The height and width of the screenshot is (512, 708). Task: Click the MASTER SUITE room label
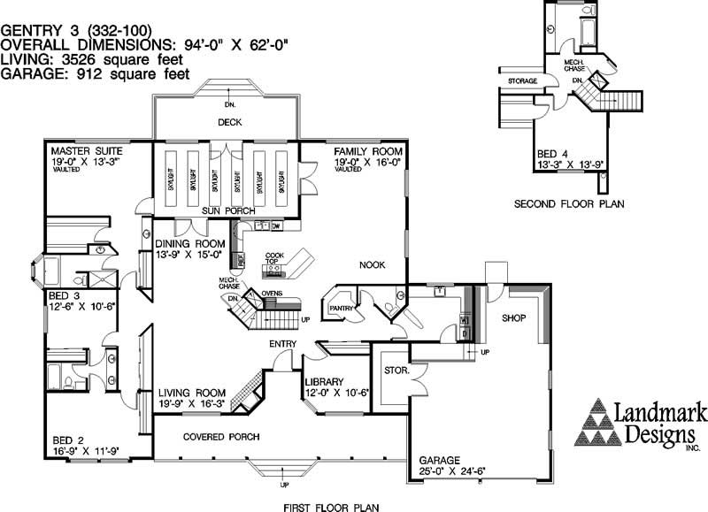coord(86,151)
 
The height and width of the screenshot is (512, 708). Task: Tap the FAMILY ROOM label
coord(368,151)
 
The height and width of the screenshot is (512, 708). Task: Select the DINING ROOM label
coord(191,244)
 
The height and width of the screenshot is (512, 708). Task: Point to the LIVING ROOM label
coord(193,393)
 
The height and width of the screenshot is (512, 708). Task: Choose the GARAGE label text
coord(440,461)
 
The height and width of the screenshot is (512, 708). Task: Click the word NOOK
coord(372,264)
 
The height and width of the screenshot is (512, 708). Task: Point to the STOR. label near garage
coord(395,370)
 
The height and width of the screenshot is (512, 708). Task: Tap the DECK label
coord(230,122)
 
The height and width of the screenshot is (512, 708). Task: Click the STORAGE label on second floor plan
coord(523,80)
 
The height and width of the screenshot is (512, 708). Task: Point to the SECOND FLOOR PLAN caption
coord(569,204)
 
